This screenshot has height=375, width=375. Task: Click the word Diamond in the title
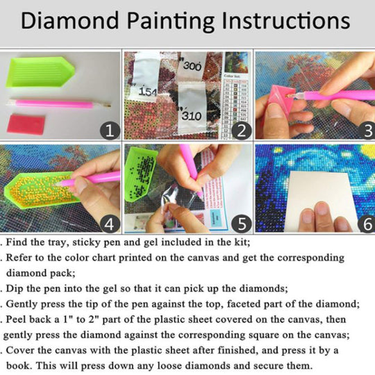pyautogui.click(x=70, y=21)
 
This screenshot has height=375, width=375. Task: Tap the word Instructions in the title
pyautogui.click(x=286, y=21)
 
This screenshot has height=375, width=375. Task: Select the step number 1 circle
pyautogui.click(x=110, y=131)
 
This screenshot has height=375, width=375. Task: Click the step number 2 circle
pyautogui.click(x=242, y=131)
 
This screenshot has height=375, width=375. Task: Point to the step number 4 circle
pyautogui.click(x=110, y=224)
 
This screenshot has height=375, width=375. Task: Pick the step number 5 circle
pyautogui.click(x=242, y=224)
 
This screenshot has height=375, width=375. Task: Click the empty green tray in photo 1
pyautogui.click(x=40, y=72)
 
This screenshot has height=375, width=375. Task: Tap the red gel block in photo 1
pyautogui.click(x=26, y=124)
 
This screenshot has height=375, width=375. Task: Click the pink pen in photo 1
pyautogui.click(x=58, y=103)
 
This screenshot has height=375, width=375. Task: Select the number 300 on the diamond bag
pyautogui.click(x=192, y=66)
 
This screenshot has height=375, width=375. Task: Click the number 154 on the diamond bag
pyautogui.click(x=148, y=92)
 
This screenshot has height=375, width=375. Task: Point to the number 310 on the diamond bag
pyautogui.click(x=192, y=116)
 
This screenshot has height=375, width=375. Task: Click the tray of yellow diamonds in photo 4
pyautogui.click(x=41, y=190)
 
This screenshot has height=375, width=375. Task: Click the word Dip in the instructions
pyautogui.click(x=15, y=289)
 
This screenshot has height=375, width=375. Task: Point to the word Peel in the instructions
pyautogui.click(x=17, y=319)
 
